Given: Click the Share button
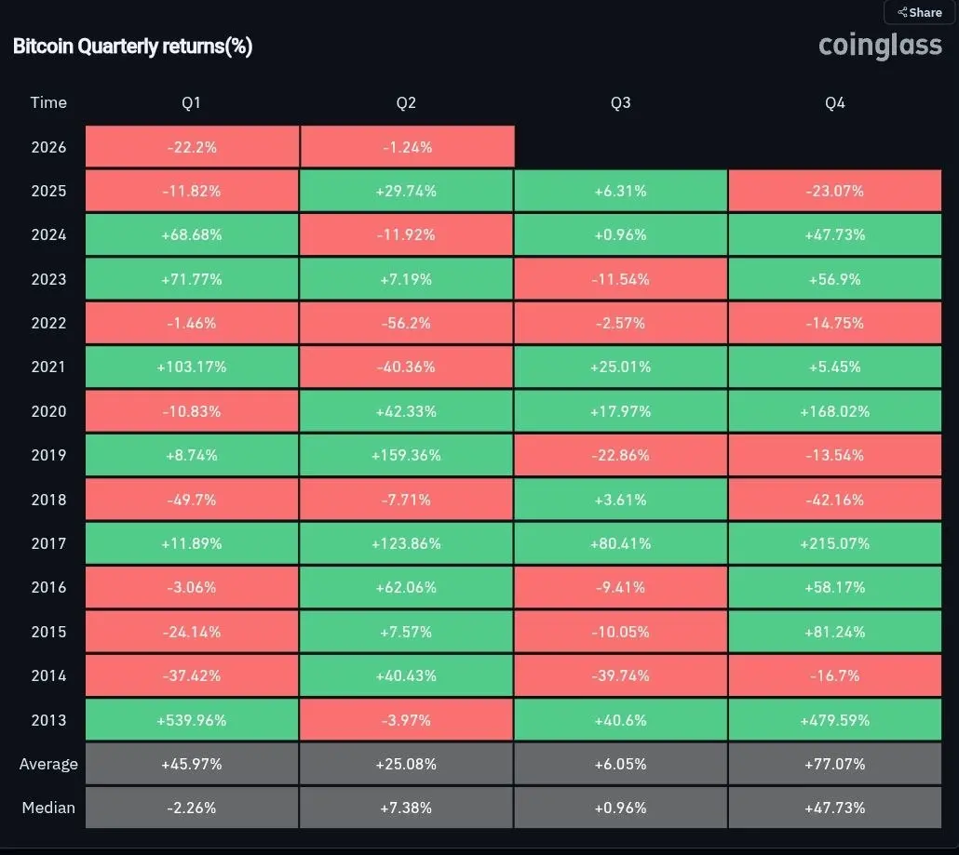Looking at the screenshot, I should (920, 13).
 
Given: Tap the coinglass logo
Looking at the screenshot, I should (880, 45).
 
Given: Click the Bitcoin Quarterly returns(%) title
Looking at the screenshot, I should (132, 47).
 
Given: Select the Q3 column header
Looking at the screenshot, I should (620, 102).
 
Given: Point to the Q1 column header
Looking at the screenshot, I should (191, 102).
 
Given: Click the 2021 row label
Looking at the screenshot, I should (48, 367).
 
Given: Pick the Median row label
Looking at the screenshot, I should (48, 808).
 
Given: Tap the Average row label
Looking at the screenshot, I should (48, 764).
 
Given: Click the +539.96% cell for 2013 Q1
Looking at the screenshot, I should (192, 720).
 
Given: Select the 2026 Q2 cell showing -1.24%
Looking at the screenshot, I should (407, 147).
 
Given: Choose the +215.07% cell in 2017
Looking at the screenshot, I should (835, 543).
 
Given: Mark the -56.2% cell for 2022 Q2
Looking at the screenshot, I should (407, 323).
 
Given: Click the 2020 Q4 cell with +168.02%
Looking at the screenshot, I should (835, 411).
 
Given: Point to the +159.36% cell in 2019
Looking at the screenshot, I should (407, 455).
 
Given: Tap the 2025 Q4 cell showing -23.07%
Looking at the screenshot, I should (835, 191).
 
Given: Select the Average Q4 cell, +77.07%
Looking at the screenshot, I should (835, 764).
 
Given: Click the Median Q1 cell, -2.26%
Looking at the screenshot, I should (192, 808).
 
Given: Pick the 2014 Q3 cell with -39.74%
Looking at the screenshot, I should (621, 675).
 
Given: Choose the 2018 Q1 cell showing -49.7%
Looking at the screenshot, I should (192, 500).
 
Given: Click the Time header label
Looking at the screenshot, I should (48, 102).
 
